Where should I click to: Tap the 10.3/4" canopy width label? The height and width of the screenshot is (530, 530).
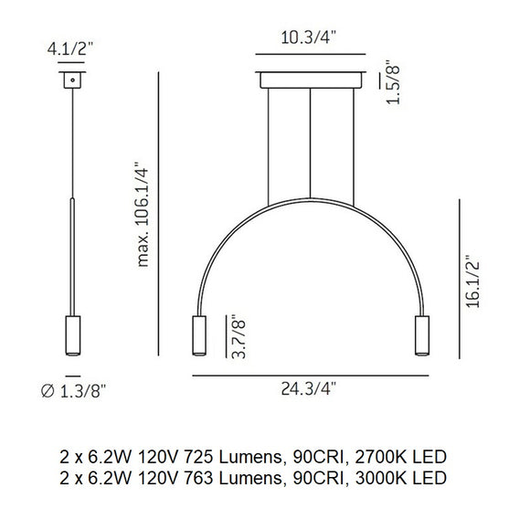coord(310,37)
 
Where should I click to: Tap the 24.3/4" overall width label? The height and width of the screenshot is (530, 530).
coord(311,389)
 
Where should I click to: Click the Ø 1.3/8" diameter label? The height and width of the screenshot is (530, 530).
coord(75,391)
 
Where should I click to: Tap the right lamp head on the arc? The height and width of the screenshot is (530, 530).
coord(423,336)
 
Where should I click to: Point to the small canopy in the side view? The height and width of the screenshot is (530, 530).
coord(69,81)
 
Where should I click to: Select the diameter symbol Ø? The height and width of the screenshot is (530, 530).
coord(48,392)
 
